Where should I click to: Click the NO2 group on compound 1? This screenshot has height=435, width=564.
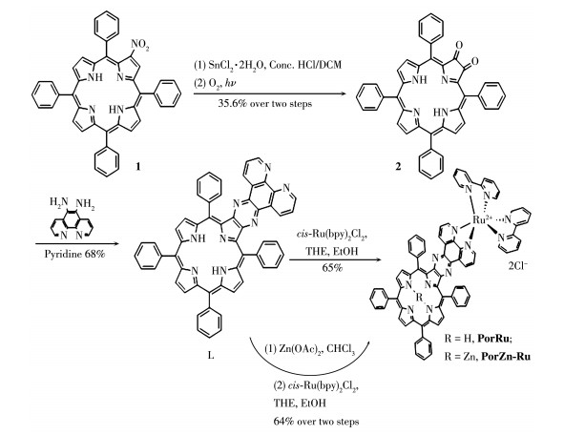pos(140,45)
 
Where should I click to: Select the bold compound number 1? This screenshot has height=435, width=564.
pos(137,166)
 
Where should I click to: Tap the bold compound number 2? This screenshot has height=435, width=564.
pos(398,166)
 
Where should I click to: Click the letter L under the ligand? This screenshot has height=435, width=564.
pos(211,356)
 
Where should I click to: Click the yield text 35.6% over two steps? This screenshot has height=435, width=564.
pos(265,104)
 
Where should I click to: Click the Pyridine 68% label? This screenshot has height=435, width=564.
pos(74,254)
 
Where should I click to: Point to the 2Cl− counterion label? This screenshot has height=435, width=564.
pos(518,267)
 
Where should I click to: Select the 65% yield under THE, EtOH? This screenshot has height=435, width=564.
pos(332,268)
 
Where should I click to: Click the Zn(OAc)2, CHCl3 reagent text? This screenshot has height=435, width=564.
pos(310,350)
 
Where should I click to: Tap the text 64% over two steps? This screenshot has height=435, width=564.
pos(316,421)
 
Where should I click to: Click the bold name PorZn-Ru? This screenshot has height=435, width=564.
pos(506,356)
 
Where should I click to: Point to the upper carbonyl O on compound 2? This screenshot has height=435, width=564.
pos(459,46)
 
